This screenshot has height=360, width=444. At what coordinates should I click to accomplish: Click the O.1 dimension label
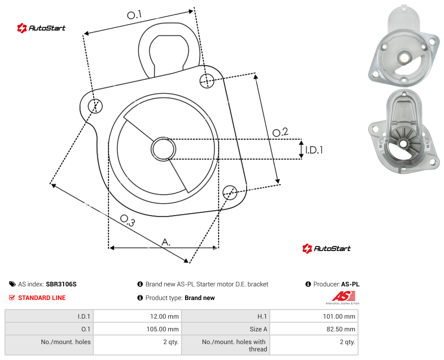pos(134,15)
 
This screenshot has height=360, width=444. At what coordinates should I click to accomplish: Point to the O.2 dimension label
pos(280,132)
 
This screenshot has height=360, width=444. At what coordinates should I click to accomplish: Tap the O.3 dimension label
pos(127,220)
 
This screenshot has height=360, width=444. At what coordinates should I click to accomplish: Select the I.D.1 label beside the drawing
pos(314,150)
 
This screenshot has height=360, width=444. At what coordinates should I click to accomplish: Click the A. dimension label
pos(166,242)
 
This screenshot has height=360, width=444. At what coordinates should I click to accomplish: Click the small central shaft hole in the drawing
pos(163,149)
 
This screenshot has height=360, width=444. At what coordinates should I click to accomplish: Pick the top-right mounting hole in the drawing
pos(207,80)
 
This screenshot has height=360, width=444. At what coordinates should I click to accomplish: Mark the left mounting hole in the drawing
pos(95,106)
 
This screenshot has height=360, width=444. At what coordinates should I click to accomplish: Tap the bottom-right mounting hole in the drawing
pos(230,192)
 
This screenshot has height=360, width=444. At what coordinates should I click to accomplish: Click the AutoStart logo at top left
pos(41,28)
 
